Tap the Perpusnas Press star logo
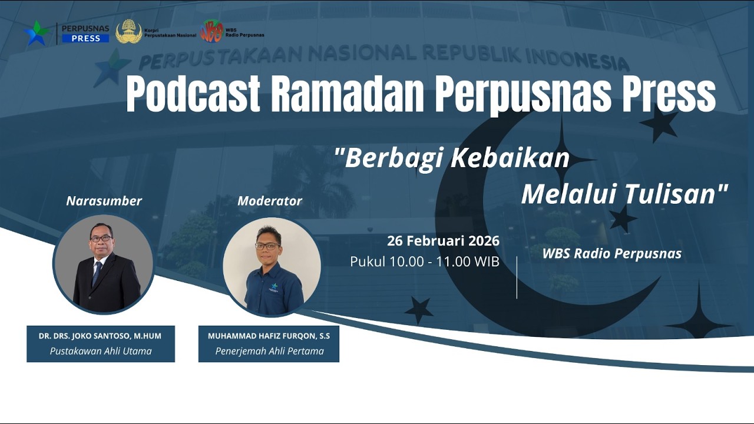[x=36, y=33]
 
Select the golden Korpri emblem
[x=128, y=32]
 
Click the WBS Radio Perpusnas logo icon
[x=211, y=31]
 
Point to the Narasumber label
[x=104, y=201]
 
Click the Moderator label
[x=270, y=201]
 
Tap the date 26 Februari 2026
[x=443, y=241]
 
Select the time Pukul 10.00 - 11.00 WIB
[x=424, y=261]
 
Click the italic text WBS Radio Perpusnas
[x=611, y=254]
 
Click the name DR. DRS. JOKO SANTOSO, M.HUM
[x=100, y=336]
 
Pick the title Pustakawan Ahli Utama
[x=100, y=351]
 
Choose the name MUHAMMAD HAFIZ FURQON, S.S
[x=269, y=336]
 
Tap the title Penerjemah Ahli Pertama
[x=269, y=351]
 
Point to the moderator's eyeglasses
[x=269, y=246]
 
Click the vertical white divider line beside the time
[x=517, y=277]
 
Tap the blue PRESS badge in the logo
[x=85, y=38]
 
